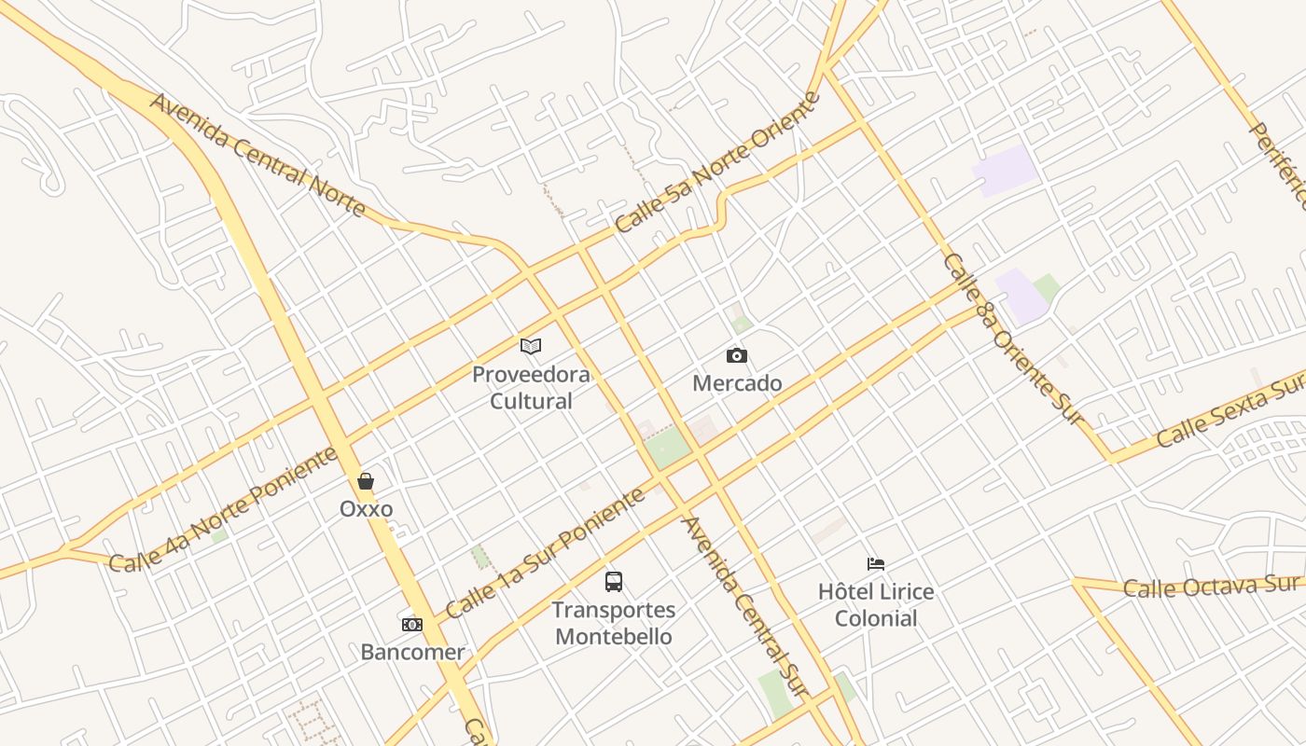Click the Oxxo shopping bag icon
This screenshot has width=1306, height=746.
[366, 481]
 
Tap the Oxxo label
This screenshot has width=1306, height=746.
[366, 509]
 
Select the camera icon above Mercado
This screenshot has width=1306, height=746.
[737, 355]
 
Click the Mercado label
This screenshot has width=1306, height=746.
[737, 383]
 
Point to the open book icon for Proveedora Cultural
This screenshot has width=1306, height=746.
[531, 347]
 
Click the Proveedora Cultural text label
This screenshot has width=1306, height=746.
[531, 388]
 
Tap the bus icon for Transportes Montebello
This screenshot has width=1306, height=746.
[614, 582]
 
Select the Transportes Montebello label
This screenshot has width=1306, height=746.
[614, 623]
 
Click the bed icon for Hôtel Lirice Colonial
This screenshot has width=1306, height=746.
[876, 563]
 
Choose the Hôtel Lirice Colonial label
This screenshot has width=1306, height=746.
[876, 604]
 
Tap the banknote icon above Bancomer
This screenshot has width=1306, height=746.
[412, 625]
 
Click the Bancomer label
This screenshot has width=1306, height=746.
[412, 652]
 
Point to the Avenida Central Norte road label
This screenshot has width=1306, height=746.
[257, 155]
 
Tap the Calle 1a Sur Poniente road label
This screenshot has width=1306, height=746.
[545, 554]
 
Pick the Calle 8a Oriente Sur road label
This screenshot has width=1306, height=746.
[1015, 339]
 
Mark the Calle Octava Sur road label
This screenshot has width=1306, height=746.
[1210, 587]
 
